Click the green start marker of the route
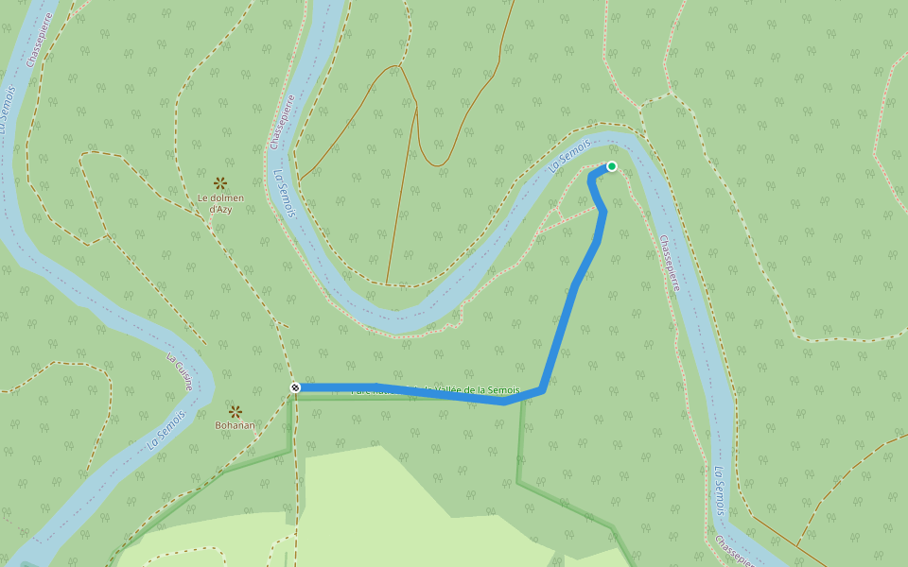click(x=611, y=166)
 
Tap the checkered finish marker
click(x=295, y=387)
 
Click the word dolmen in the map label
click(x=228, y=198)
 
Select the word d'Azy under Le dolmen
click(x=220, y=209)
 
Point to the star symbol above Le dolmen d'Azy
click(x=220, y=182)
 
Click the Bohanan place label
click(x=235, y=425)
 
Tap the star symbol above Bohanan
click(x=235, y=411)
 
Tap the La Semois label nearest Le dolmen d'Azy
click(x=285, y=194)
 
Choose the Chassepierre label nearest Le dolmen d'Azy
click(x=282, y=122)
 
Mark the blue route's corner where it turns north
click(x=541, y=388)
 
